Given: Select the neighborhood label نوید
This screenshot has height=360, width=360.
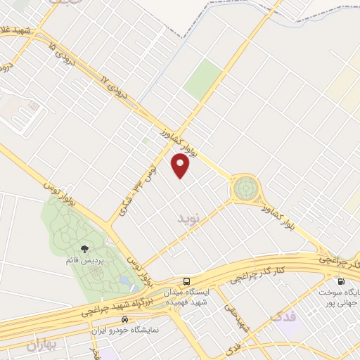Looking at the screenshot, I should click(189, 220).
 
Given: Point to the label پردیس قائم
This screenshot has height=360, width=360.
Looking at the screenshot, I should click(85, 261).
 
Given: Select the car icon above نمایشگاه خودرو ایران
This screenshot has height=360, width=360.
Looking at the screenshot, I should click(124, 317).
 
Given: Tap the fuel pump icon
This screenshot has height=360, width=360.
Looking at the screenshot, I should click(341, 281).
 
